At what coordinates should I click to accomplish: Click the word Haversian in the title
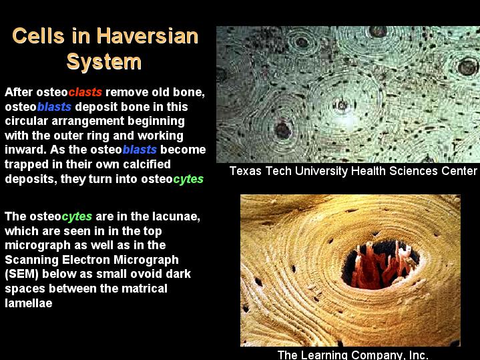[x=148, y=36]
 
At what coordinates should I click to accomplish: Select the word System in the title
[x=103, y=62]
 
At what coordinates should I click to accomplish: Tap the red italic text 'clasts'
[x=85, y=92]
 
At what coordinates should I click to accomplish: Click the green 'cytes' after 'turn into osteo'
[x=188, y=179]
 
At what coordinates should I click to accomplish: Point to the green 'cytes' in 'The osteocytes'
[x=77, y=216]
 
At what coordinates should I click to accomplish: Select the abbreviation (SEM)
[x=21, y=274]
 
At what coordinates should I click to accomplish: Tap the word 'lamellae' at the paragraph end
[x=29, y=303]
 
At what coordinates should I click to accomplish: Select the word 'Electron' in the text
[x=85, y=260]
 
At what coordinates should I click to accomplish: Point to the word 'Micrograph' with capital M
[x=146, y=260]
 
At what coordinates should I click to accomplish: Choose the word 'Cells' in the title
[x=38, y=36]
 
